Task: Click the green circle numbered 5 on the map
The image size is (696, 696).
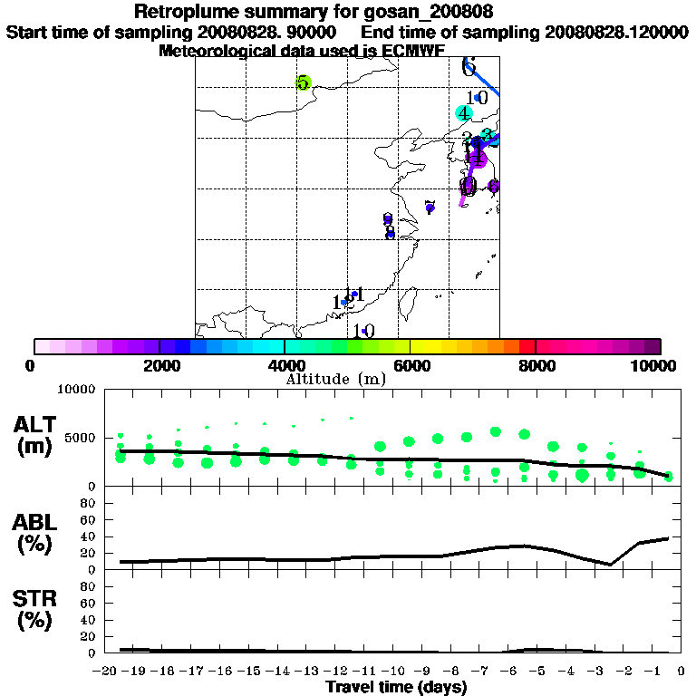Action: coord(303,83)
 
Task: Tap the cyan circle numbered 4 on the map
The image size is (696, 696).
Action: coord(464,113)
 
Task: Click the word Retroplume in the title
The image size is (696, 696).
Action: coord(188,12)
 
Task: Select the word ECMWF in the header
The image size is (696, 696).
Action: coord(412,51)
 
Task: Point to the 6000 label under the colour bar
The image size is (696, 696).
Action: coord(410,365)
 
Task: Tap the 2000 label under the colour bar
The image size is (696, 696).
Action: coord(159,365)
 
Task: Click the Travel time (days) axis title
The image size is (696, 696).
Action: coord(396,688)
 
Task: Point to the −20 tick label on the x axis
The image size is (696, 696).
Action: coord(106,672)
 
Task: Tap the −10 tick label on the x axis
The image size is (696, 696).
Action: coord(395,672)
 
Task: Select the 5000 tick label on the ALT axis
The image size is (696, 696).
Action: coord(80,438)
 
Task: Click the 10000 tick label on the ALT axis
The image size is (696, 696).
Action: coord(76,390)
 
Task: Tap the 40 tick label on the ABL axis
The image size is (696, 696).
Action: coord(89,536)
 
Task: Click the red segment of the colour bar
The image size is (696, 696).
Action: coord(527,346)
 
